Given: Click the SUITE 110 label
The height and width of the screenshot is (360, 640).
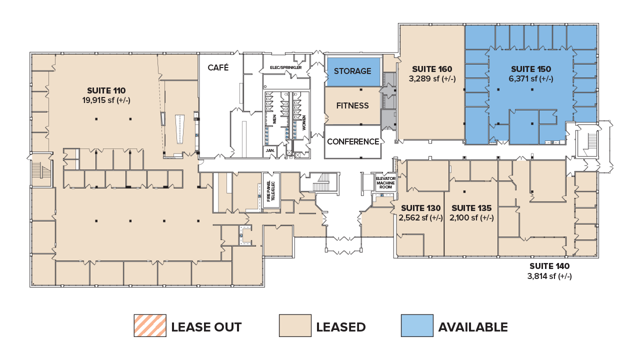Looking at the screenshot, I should (x=106, y=90).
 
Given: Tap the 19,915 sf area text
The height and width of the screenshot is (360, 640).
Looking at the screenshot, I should (x=106, y=99).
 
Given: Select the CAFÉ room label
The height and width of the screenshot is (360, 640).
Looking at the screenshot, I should (x=218, y=67).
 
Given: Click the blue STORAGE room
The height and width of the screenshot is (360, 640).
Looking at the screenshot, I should (x=352, y=71).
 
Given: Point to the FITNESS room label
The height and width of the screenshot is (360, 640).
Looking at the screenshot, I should (x=352, y=105).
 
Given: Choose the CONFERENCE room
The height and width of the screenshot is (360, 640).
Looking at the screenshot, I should (x=352, y=141).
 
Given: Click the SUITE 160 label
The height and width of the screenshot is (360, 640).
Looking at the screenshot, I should (x=431, y=69).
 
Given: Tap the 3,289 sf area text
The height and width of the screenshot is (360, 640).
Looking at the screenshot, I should (x=431, y=78).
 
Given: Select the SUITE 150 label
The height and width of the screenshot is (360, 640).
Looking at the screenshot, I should (x=530, y=69).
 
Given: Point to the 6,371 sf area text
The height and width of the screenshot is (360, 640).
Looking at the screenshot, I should (x=530, y=78).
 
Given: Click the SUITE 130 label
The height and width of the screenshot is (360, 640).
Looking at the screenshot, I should (x=419, y=208).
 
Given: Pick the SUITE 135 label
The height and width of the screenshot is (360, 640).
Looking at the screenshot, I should (x=471, y=208).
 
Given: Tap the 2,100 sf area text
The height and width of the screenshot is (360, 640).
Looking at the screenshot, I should (x=471, y=217).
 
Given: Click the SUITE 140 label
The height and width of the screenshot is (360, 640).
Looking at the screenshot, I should (x=549, y=266).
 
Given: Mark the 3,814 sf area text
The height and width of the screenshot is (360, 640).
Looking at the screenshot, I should (x=549, y=276).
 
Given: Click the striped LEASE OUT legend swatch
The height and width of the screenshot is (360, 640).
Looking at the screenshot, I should (x=149, y=326).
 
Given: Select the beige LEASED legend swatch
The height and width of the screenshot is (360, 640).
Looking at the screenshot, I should (x=294, y=326).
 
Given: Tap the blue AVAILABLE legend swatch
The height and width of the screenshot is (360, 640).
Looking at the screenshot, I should (x=416, y=326).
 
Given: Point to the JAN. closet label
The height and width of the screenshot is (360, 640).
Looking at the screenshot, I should (x=269, y=150).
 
